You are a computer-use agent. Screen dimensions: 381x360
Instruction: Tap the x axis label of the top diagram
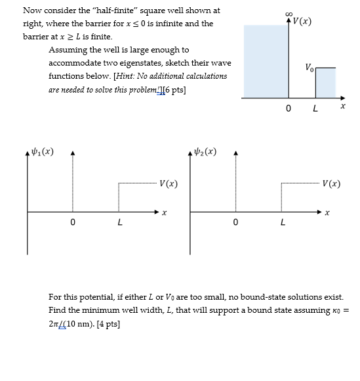(x=342, y=105)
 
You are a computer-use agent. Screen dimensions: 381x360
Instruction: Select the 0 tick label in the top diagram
(x=289, y=108)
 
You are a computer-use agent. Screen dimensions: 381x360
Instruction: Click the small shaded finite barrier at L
(x=325, y=83)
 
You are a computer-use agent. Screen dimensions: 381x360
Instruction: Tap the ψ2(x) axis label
(x=205, y=152)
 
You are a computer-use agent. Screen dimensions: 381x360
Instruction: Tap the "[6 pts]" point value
(x=173, y=89)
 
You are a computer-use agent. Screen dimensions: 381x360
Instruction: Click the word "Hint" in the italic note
(x=125, y=76)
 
